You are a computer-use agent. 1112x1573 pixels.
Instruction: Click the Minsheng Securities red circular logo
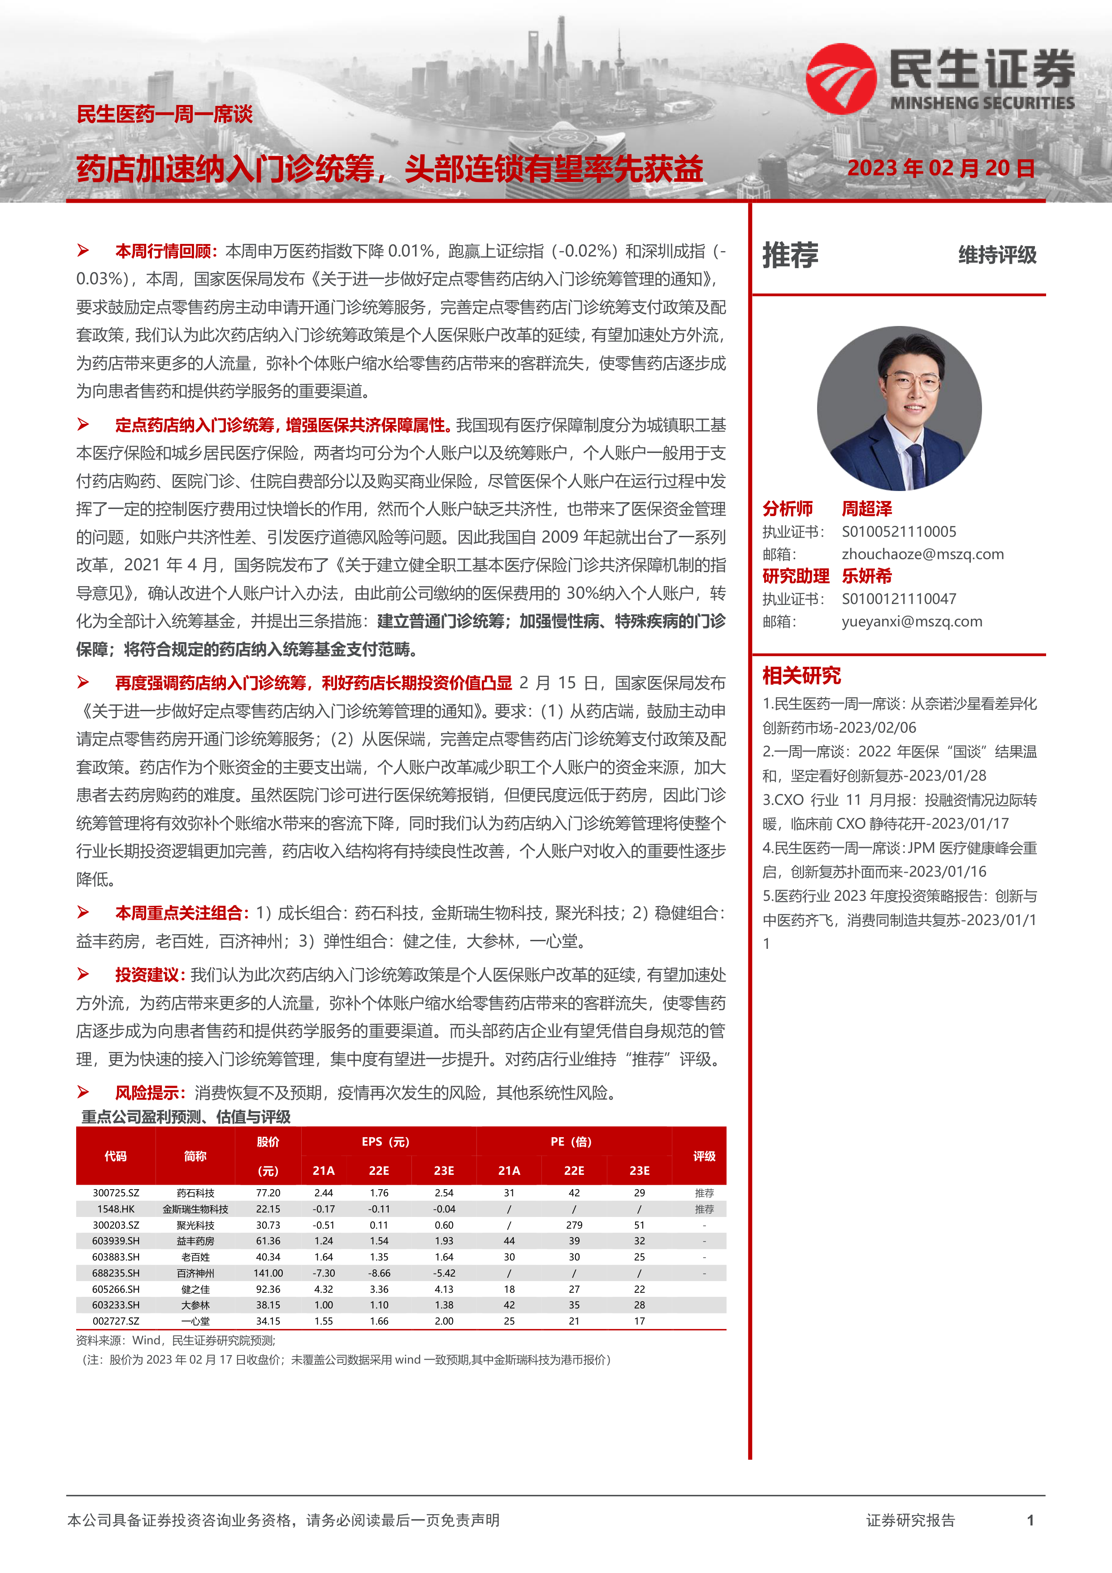pos(841,79)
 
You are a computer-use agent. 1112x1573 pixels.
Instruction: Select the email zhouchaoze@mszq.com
pos(922,554)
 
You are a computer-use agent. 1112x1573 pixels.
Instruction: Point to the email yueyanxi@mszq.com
pos(911,621)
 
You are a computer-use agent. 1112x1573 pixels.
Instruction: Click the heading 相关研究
pos(801,675)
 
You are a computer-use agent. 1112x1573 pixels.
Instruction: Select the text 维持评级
pos(997,255)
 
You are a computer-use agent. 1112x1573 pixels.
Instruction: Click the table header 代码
pos(115,1156)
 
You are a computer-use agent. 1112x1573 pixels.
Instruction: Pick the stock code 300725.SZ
pos(116,1193)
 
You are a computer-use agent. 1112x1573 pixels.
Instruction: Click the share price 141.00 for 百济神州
pos(268,1273)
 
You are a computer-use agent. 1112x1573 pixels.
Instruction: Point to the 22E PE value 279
pos(574,1225)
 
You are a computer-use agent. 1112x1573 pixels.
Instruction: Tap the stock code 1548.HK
pos(116,1209)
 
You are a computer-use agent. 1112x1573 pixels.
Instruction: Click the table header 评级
pos(704,1156)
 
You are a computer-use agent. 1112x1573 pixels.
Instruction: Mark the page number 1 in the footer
pos(1030,1520)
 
